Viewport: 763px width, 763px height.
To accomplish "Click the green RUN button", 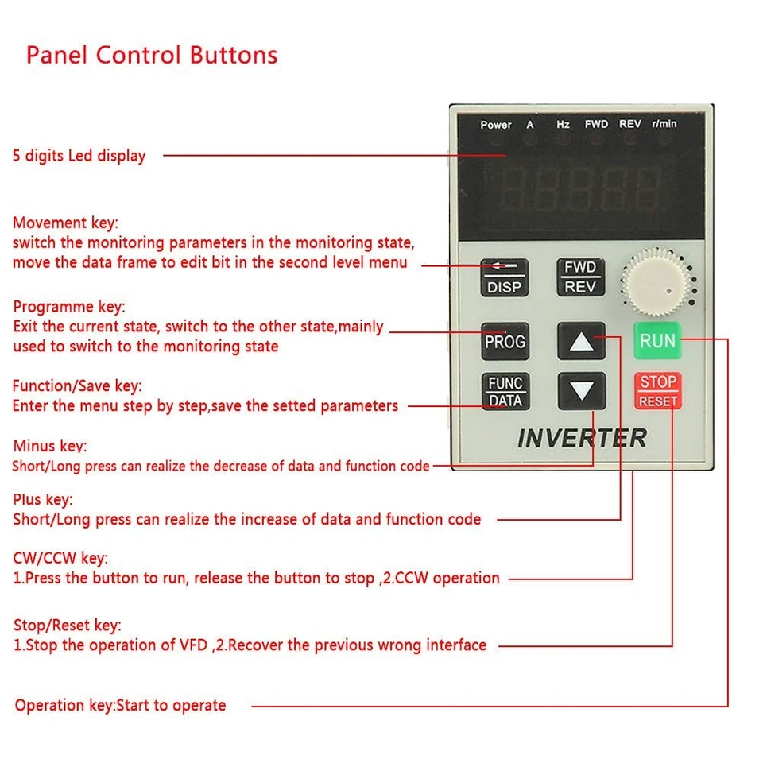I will point(657,342).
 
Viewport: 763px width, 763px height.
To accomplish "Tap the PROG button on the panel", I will point(505,342).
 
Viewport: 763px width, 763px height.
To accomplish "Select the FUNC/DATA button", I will point(505,392).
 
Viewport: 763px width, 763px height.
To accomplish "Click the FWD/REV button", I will point(580,277).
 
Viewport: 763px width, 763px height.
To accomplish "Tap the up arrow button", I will point(582,343).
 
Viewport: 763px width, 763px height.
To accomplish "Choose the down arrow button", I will point(582,391).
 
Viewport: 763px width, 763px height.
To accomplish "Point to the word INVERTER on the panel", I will point(582,438).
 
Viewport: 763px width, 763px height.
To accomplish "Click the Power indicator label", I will point(496,125).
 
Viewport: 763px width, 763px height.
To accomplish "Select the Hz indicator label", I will point(563,125).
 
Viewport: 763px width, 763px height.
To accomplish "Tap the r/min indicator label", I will point(664,125).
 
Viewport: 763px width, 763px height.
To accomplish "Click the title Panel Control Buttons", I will point(152,56).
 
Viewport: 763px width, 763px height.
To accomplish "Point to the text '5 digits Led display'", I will point(79,156).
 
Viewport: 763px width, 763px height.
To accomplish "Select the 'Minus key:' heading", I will point(50,447).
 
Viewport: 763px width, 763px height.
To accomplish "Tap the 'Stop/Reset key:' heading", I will point(68,626).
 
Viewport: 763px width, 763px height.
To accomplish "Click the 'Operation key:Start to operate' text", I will point(120,705).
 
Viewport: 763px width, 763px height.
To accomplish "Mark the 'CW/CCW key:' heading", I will point(60,558).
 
